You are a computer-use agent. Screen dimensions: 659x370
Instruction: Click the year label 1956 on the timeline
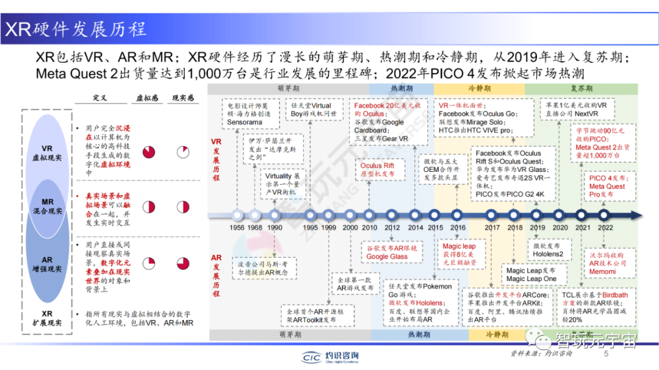coord(237,227)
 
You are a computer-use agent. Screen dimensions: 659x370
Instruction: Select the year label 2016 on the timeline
coord(458,227)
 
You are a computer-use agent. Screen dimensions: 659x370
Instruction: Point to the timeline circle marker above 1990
coord(275,215)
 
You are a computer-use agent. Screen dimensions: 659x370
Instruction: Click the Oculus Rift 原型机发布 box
coord(377,169)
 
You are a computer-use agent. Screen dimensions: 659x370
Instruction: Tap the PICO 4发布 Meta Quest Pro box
coord(607,186)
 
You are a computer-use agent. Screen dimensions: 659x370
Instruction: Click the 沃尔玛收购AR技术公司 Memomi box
coord(607,262)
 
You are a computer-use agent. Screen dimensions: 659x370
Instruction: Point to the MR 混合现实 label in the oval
coord(47,206)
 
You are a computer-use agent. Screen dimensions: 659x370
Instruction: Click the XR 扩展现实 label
coord(47,318)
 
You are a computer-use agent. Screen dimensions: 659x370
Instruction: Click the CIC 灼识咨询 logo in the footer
coord(330,357)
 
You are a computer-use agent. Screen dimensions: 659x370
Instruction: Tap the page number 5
coord(606,354)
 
